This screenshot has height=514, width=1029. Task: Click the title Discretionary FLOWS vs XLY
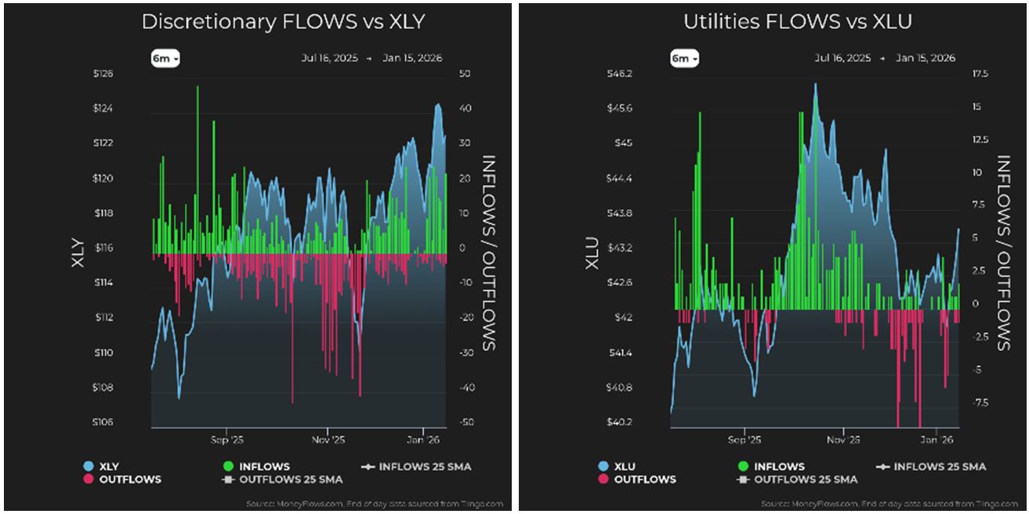click(x=283, y=21)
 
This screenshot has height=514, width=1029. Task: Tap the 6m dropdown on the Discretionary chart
click(x=165, y=58)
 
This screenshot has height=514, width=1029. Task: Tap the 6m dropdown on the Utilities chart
click(x=684, y=58)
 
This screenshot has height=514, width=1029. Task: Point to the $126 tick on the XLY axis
click(x=103, y=74)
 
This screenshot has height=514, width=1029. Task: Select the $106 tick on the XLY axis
click(x=103, y=422)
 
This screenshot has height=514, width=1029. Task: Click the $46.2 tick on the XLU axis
click(x=620, y=74)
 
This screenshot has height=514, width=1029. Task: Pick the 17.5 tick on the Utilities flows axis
click(x=980, y=74)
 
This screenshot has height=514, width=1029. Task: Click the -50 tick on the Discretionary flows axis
click(x=464, y=422)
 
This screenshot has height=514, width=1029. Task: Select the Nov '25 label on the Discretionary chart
click(x=328, y=440)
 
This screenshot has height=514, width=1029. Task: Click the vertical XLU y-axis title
click(x=594, y=252)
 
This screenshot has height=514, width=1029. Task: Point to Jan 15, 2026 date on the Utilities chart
click(x=927, y=58)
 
